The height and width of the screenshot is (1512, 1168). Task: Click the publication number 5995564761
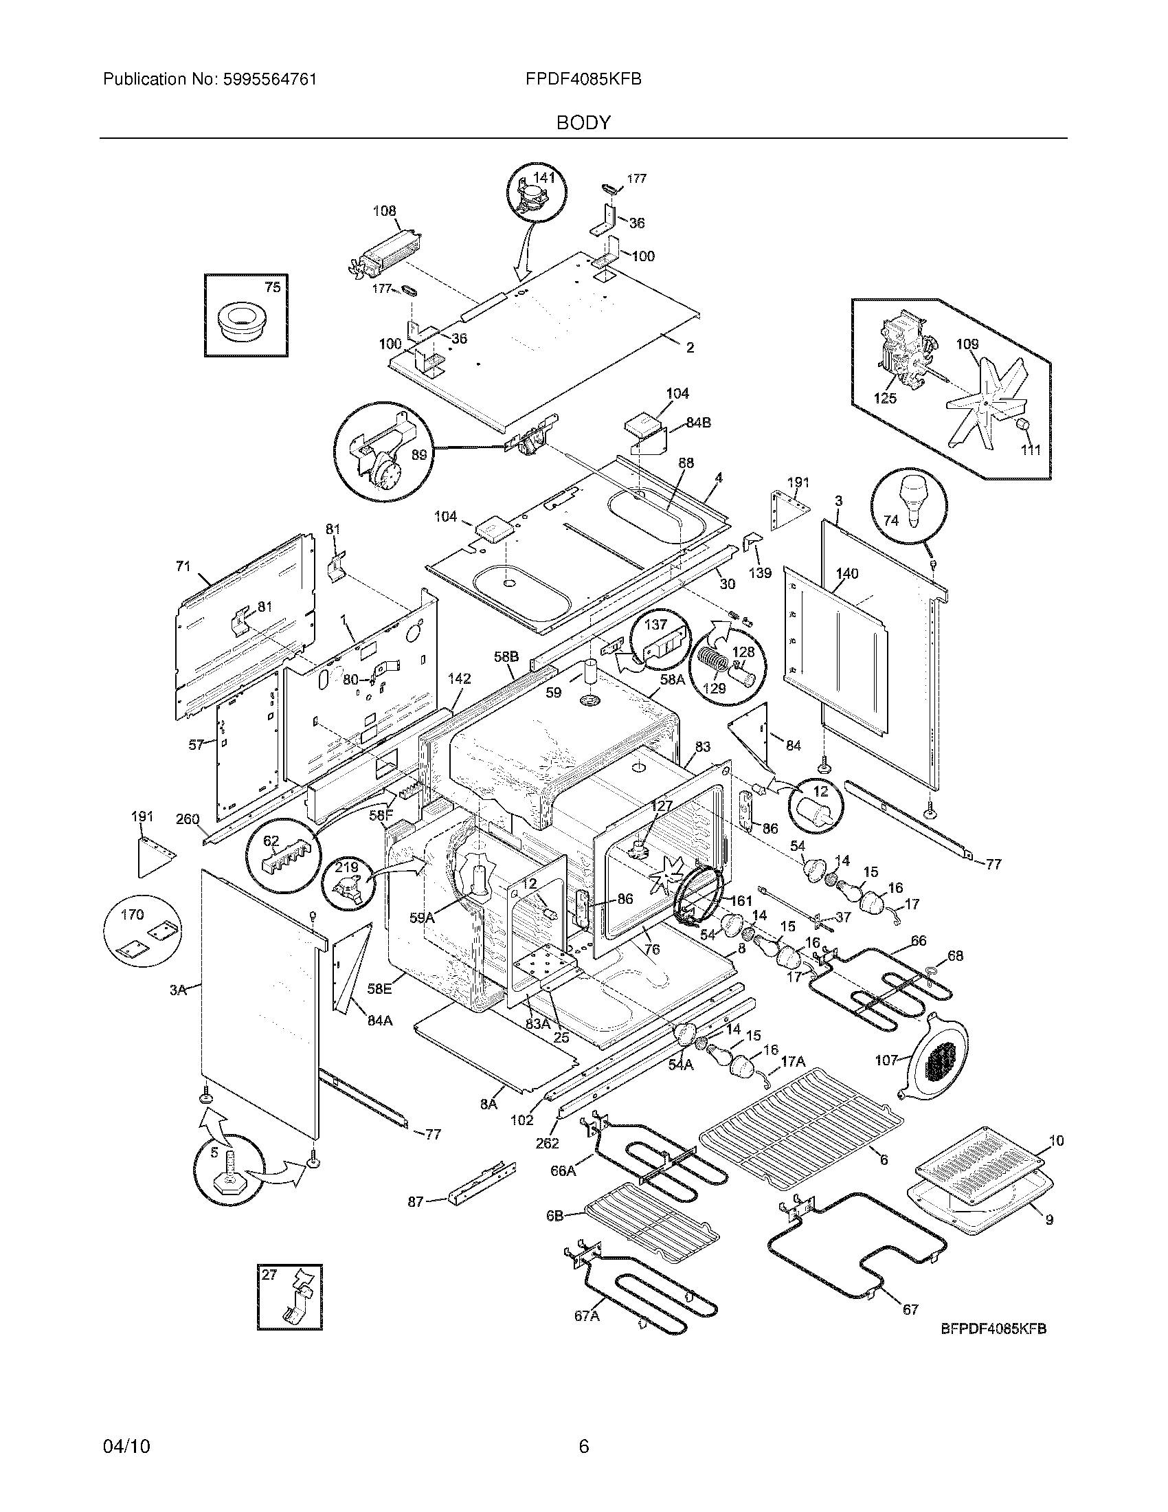269,79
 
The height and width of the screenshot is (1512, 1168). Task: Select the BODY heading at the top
583,122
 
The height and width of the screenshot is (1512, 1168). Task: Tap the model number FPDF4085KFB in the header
583,79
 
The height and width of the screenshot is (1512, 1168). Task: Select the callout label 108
385,210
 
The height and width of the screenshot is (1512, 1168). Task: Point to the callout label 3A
179,990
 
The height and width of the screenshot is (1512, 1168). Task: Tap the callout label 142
459,679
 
